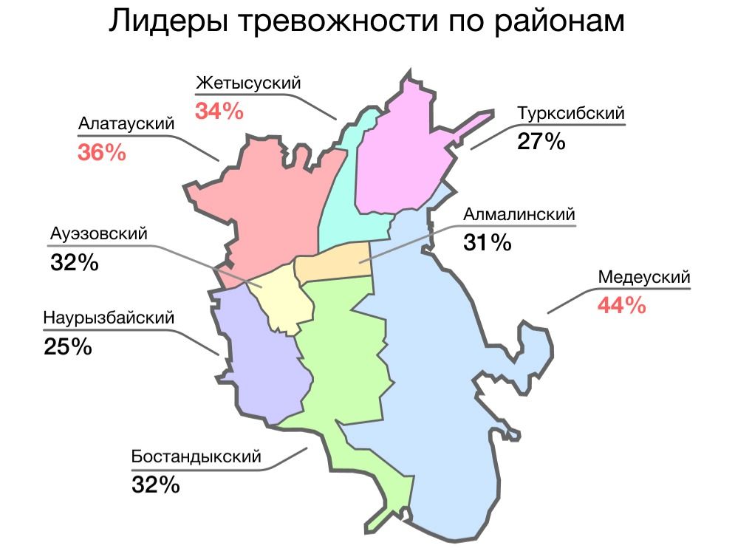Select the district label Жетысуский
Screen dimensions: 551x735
248,83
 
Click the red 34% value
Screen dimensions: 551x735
219,112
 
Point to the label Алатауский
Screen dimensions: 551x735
126,123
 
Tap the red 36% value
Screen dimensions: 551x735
101,153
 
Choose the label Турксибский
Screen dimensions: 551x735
571,114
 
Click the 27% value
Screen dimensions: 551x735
541,142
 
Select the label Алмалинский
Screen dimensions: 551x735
519,214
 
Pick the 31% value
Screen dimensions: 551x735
488,242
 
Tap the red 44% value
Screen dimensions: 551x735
621,305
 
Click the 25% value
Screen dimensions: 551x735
68,346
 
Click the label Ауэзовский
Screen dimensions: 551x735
99,233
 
